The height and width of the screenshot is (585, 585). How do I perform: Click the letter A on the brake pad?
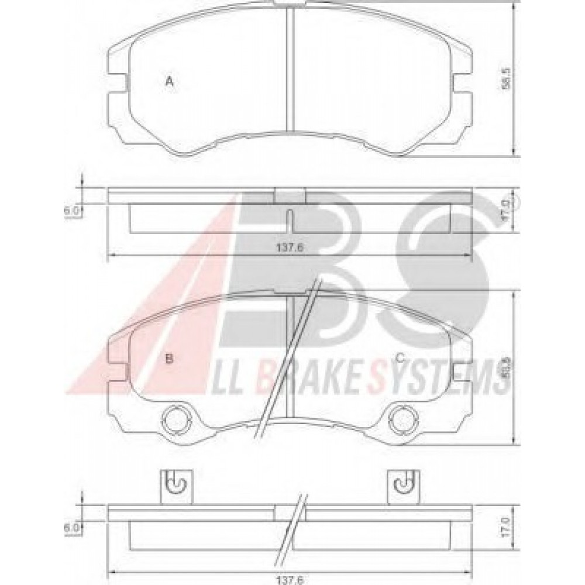coord(169,81)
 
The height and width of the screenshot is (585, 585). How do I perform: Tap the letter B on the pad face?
coord(169,358)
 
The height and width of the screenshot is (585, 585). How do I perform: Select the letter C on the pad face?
coord(400,358)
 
